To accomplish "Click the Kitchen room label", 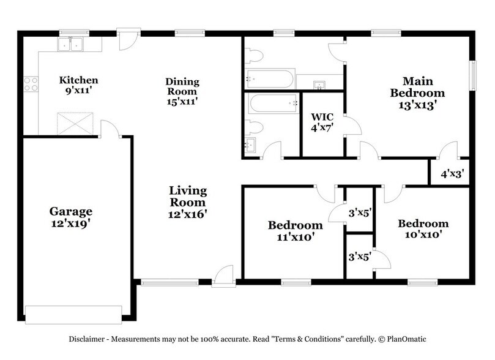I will tap(78, 80).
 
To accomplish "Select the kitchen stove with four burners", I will tap(29, 83).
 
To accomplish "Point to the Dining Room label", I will tap(182, 86).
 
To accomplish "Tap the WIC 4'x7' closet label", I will tap(321, 122).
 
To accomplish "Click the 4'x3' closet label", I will tap(452, 173).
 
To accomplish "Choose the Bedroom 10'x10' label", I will tap(422, 228).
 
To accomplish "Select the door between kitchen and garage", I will tap(109, 129).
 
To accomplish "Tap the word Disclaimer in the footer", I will tap(85, 339).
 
